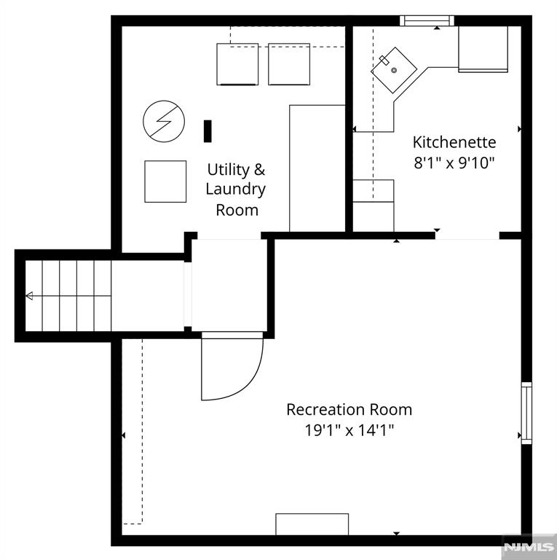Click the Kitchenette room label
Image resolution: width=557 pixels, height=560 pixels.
pos(454,141)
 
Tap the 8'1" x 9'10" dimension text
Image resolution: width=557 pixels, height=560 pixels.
pos(454,163)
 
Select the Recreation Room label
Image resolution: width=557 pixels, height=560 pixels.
pos(349,409)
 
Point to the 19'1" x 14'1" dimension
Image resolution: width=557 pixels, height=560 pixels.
pos(349,430)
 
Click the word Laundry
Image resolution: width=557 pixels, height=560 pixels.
pos(235,190)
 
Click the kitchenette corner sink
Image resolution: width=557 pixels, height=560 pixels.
pos(393,70)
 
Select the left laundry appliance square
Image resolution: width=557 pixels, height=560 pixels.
pos(238,64)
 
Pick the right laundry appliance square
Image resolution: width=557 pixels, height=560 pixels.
pos(289,64)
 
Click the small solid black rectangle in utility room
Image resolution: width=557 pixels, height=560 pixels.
pos(208,131)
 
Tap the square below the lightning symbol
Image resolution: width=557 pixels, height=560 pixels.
pos(165,181)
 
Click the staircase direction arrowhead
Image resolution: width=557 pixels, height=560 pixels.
pos(29,296)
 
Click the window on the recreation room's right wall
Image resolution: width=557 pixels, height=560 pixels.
pos(526,413)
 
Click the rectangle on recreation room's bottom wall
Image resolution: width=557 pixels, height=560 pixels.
pos(312,524)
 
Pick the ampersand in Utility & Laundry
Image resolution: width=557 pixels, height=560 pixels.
pos(258,170)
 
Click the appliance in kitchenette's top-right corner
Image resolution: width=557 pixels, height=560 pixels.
pos(483,49)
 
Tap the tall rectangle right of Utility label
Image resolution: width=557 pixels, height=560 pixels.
pos(317,168)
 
